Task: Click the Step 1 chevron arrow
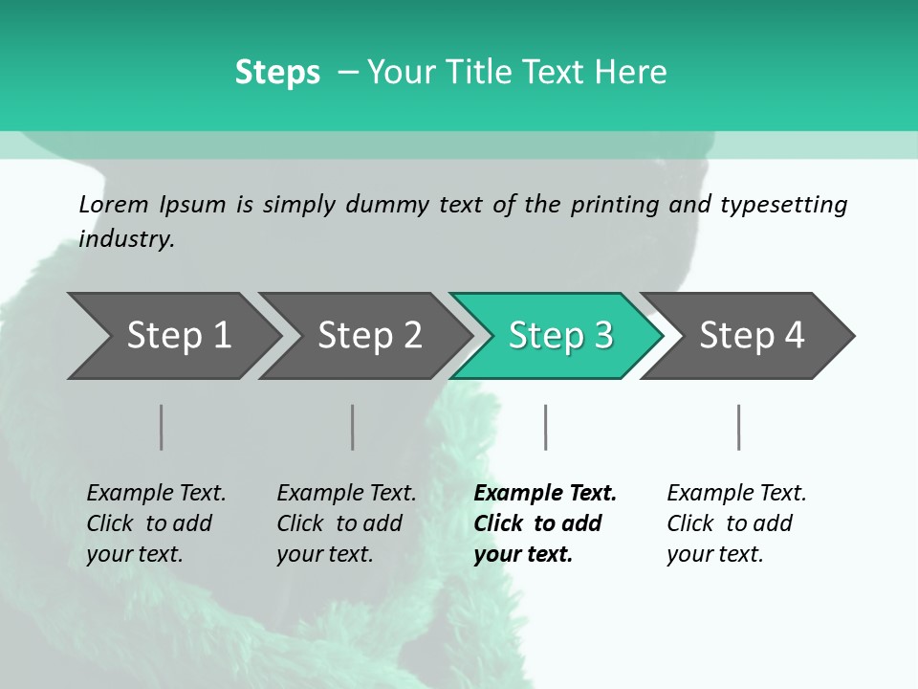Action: click(177, 336)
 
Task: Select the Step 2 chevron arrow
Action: click(368, 336)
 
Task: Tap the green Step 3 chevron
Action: click(559, 336)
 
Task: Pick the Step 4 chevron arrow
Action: click(751, 336)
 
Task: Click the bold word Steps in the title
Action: click(277, 73)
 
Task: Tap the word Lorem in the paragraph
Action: click(114, 205)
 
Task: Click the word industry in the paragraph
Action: click(125, 239)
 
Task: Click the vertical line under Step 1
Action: click(161, 427)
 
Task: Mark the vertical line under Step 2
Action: click(353, 427)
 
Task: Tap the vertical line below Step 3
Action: click(545, 427)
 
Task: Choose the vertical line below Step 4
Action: click(738, 427)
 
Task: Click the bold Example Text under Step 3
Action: click(545, 494)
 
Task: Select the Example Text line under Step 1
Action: click(156, 494)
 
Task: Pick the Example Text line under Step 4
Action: click(736, 494)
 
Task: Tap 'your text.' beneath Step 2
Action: click(324, 554)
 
